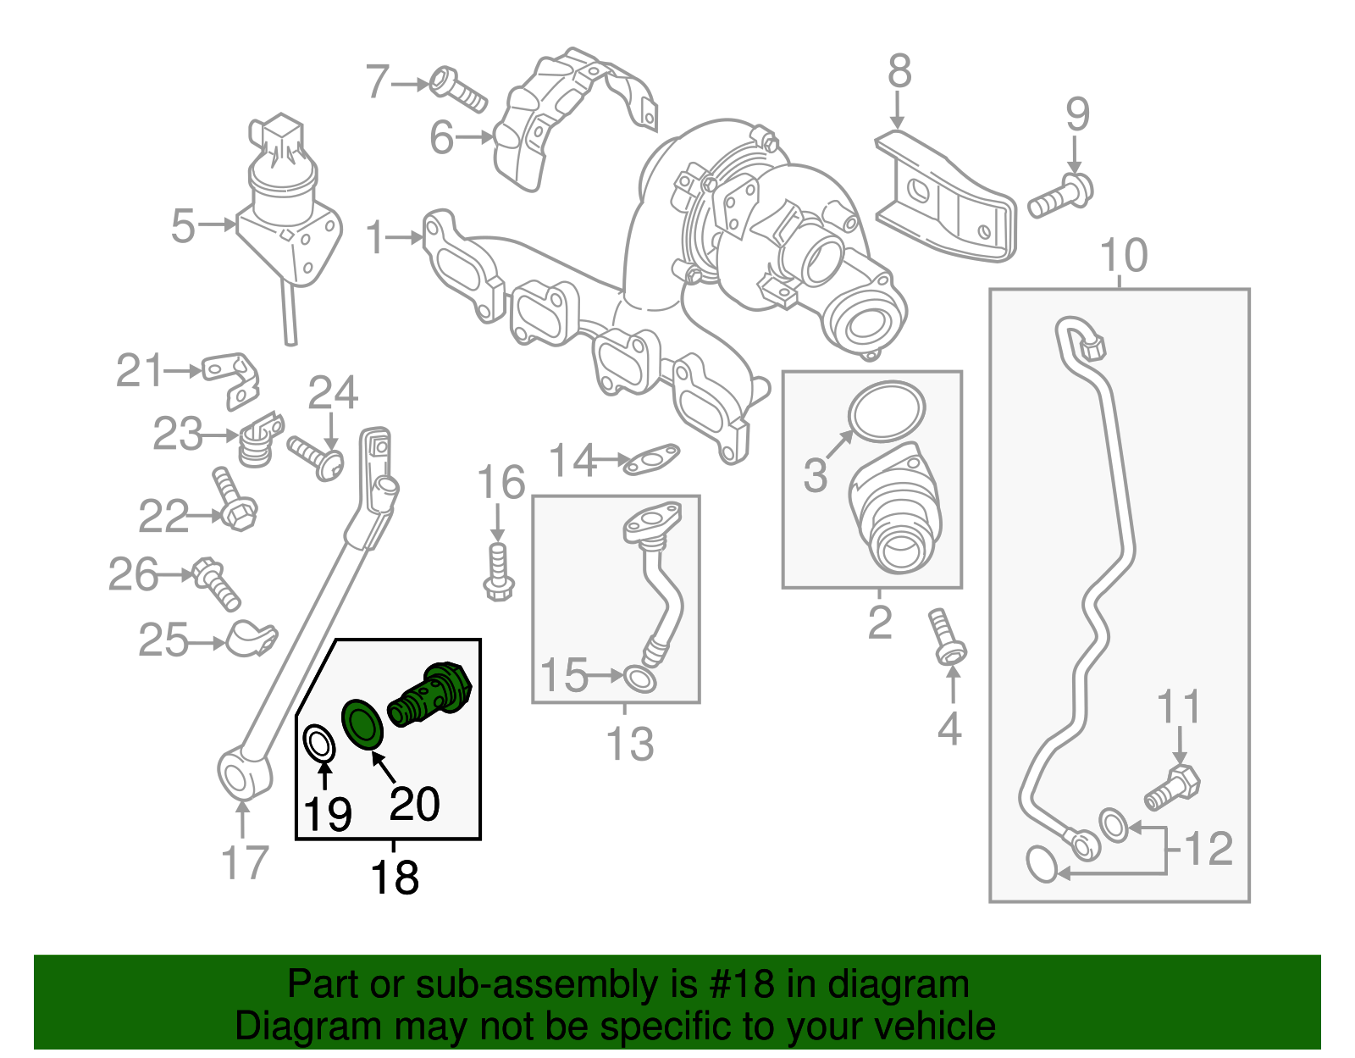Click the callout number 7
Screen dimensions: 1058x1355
[377, 83]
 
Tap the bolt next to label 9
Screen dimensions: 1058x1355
[1061, 196]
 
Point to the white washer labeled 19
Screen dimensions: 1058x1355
[319, 745]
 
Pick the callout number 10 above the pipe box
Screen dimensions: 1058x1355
[1123, 255]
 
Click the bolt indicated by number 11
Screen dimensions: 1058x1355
[1173, 788]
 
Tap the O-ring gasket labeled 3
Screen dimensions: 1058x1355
[886, 412]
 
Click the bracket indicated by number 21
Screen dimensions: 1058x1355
[231, 380]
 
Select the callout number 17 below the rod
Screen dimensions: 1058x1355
[244, 863]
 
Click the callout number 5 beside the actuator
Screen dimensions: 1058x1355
[183, 226]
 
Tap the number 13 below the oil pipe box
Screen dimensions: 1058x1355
[630, 745]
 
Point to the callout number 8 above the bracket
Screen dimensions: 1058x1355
[899, 71]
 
